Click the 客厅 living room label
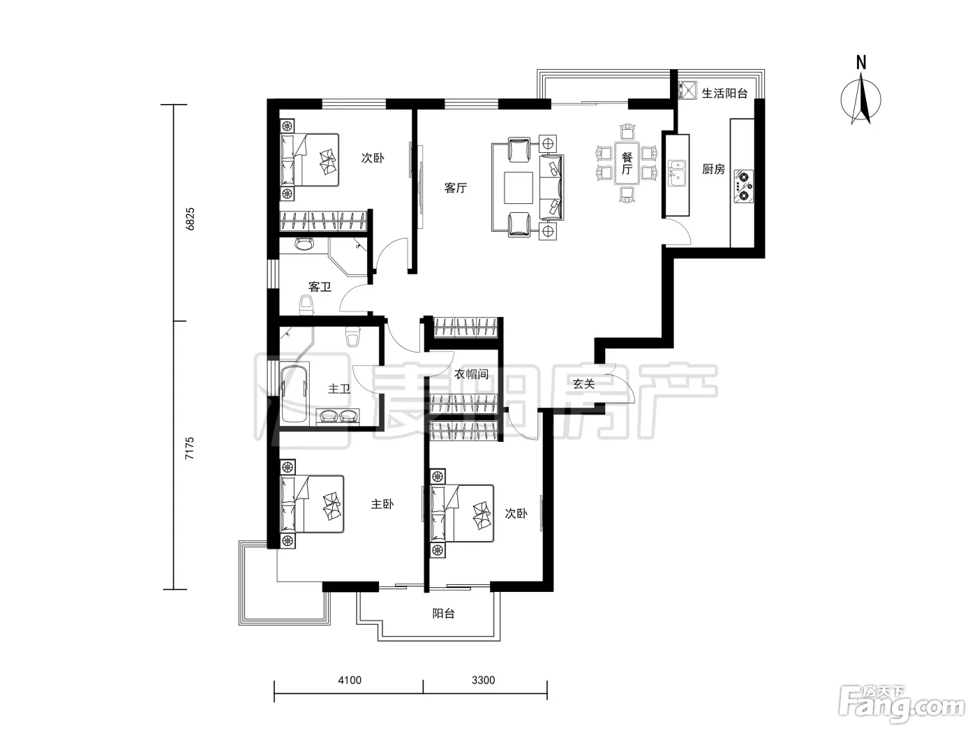[455, 188]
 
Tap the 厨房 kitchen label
[713, 169]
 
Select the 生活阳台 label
[724, 93]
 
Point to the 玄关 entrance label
[583, 384]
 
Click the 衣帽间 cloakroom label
[471, 374]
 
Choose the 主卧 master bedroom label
[382, 504]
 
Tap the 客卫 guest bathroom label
[320, 287]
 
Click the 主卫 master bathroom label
[339, 389]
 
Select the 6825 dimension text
[190, 219]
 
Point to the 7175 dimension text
[190, 448]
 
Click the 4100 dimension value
[350, 680]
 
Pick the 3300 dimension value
[484, 680]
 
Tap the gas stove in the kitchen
[744, 186]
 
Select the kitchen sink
[677, 174]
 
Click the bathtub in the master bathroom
[294, 394]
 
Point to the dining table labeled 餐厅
[627, 163]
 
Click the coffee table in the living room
[519, 188]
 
